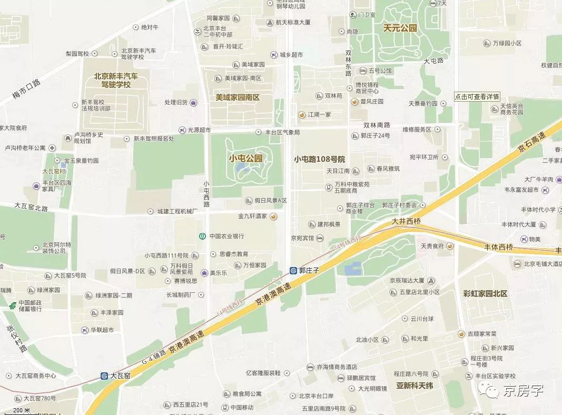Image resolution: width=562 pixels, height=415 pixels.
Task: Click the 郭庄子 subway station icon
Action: point(293,270)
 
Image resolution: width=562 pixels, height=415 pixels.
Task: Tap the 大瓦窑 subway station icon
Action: point(104,376)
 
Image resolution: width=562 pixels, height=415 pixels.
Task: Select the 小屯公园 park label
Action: point(245,158)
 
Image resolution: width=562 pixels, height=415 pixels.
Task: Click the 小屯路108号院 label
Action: point(319,159)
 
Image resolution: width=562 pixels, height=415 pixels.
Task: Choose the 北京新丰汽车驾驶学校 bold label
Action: point(116,80)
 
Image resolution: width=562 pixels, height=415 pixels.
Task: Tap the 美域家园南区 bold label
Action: point(238,97)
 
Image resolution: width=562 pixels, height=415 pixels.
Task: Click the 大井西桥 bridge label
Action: point(406,222)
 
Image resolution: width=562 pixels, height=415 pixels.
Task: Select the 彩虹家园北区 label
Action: point(485,293)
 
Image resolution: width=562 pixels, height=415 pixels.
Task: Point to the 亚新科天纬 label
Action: point(415,386)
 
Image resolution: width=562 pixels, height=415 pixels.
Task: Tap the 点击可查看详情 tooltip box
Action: point(477,97)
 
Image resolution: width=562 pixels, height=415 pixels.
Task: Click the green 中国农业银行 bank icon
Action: point(202,236)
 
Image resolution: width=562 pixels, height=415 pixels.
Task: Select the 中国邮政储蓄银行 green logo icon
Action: point(12,305)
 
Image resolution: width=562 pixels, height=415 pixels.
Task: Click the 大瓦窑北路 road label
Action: point(31,208)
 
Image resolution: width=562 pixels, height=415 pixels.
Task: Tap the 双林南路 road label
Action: point(377,125)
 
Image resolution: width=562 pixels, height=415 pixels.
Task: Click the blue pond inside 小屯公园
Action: point(242,168)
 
